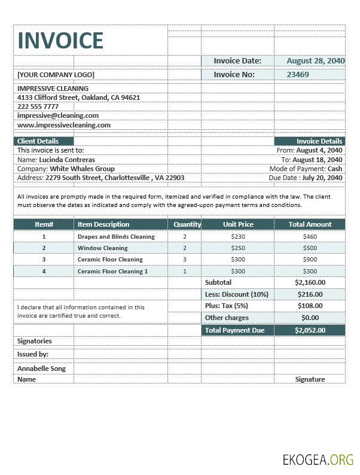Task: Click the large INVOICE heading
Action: [60, 40]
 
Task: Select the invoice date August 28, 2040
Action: [315, 60]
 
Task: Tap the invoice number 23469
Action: [298, 75]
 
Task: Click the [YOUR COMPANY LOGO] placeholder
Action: [56, 75]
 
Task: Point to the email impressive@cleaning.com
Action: [58, 115]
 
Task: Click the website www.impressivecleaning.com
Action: [64, 125]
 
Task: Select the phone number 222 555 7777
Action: [38, 106]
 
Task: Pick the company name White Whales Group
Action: [82, 169]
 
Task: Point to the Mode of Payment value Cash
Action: [335, 169]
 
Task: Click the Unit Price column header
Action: [238, 224]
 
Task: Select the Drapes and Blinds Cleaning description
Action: [116, 236]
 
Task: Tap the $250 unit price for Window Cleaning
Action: [238, 248]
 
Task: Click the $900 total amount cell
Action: [310, 259]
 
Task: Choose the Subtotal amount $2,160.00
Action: [310, 282]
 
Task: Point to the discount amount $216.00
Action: [310, 294]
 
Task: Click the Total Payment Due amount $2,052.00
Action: [310, 330]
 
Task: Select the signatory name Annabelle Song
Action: [41, 369]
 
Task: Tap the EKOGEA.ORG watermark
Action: [318, 459]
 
